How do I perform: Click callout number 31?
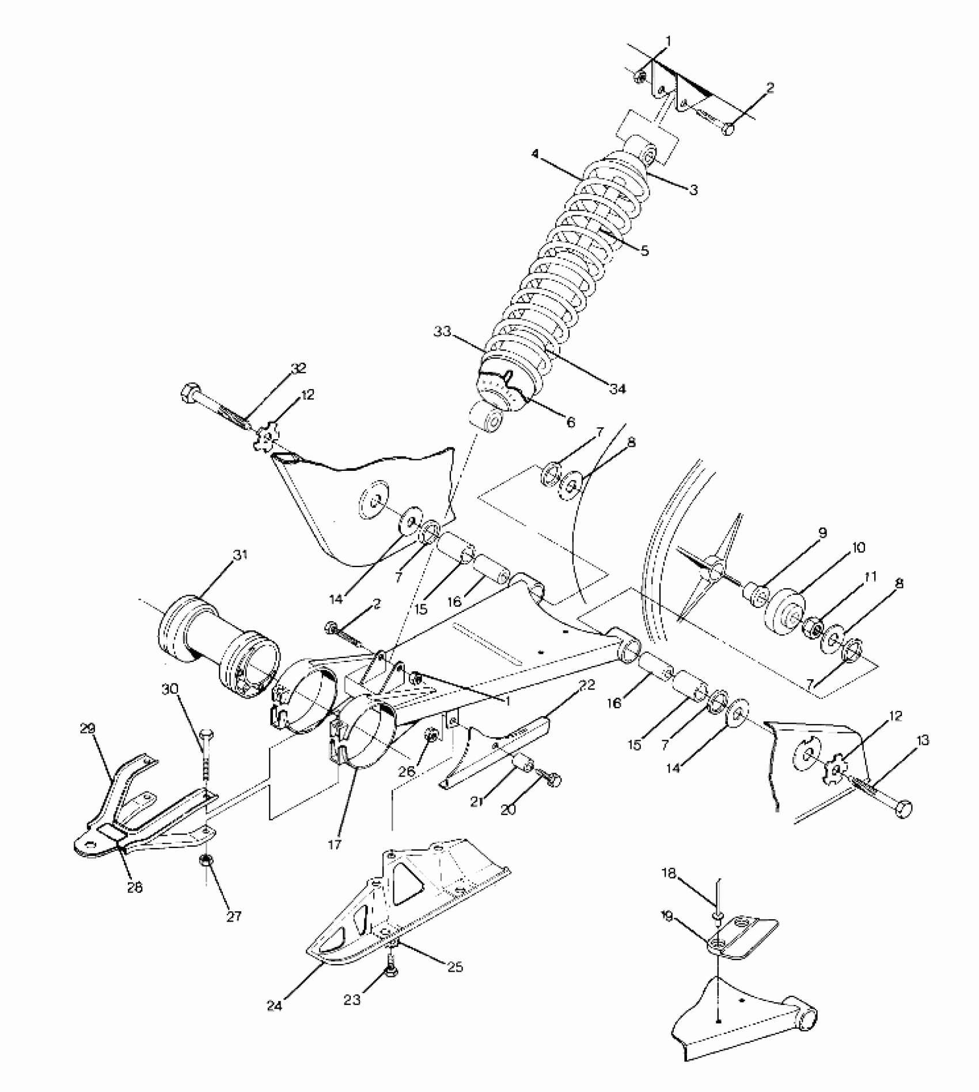tap(240, 555)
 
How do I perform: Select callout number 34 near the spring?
tap(617, 389)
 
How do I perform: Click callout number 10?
tap(857, 547)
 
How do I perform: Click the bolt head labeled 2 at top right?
tap(728, 128)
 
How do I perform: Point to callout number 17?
tap(335, 845)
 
